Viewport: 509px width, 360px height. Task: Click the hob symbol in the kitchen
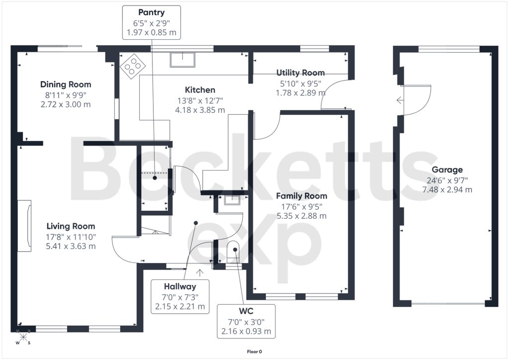tap(132, 66)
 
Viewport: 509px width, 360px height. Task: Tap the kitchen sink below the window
tap(183, 59)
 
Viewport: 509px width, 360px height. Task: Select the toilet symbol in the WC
tap(233, 252)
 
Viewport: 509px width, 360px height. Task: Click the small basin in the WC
tap(232, 200)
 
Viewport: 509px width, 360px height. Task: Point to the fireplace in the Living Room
tap(24, 226)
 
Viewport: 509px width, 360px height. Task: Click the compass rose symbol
tap(23, 337)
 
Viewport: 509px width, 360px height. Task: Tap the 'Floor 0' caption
tap(254, 352)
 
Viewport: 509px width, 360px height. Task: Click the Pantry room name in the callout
tap(151, 12)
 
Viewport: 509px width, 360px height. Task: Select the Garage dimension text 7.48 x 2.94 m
tap(447, 189)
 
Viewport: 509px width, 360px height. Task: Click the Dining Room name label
tap(66, 85)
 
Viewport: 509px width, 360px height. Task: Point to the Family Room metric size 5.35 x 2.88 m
tap(302, 216)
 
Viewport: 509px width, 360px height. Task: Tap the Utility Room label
tap(300, 73)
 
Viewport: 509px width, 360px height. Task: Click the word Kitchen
tap(200, 90)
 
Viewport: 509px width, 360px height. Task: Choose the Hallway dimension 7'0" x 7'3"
tap(180, 297)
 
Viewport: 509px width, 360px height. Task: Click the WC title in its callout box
tap(246, 311)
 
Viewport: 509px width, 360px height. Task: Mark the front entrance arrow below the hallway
tap(200, 272)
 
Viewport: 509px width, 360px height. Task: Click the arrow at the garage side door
tap(400, 100)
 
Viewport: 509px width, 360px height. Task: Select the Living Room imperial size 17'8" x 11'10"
tap(71, 237)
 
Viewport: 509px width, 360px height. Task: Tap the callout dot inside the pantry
tap(155, 178)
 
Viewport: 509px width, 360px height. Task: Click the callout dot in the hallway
tap(196, 223)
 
